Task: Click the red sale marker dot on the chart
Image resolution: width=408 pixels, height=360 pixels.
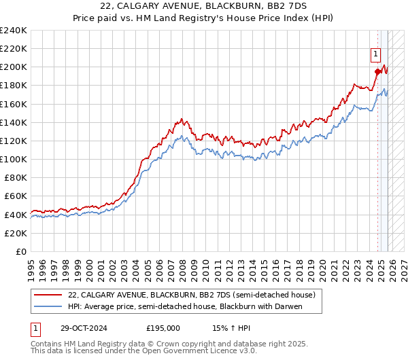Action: pyautogui.click(x=377, y=71)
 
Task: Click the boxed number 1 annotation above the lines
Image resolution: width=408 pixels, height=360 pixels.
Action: pyautogui.click(x=375, y=55)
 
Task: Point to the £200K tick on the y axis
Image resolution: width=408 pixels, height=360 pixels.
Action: pyautogui.click(x=14, y=67)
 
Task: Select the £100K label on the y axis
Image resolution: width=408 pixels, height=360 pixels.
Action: pyautogui.click(x=14, y=159)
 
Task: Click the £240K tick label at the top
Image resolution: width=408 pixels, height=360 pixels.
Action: pyautogui.click(x=14, y=31)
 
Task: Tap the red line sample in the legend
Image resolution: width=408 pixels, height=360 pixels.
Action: pyautogui.click(x=48, y=295)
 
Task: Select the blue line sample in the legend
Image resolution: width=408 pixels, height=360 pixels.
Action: pyautogui.click(x=48, y=307)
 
